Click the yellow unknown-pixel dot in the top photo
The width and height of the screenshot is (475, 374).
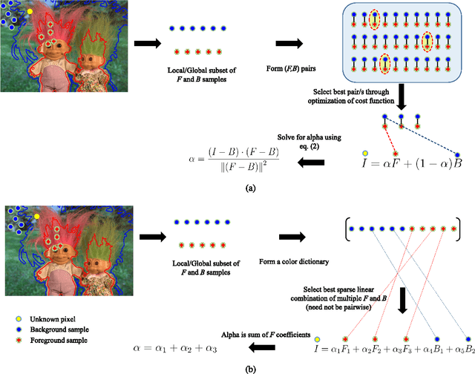tap(30, 13)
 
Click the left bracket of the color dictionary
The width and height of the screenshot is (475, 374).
tap(347, 229)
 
